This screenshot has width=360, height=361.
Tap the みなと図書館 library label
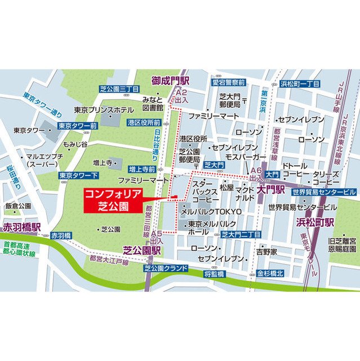pos(153,103)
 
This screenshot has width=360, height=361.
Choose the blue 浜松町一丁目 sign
pos(300,83)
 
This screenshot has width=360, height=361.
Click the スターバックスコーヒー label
pos(206,192)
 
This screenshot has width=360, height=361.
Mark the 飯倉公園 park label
pos(18,206)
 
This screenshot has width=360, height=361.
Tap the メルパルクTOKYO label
pos(211,211)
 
